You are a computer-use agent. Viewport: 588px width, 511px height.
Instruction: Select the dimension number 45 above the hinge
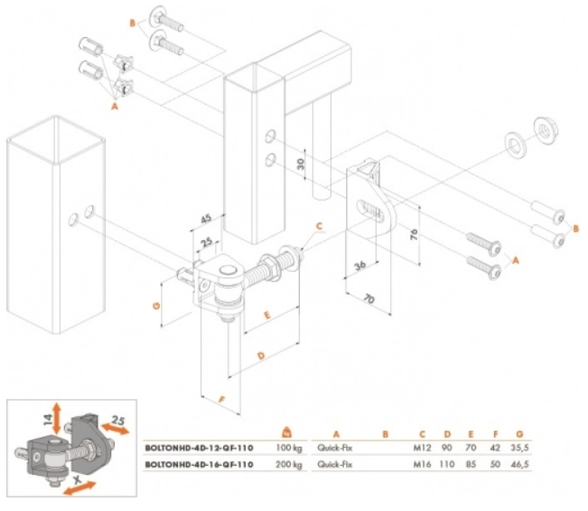pyautogui.click(x=207, y=218)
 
